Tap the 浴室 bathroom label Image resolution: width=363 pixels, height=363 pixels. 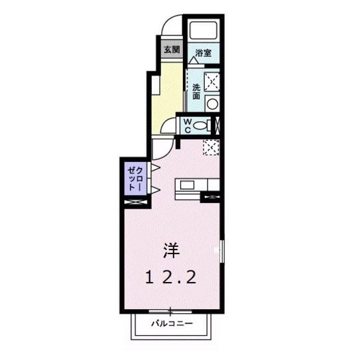pos(203,53)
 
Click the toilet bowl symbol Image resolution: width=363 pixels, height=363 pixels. pos(202,125)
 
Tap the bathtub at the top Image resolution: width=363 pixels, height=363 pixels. pos(204,32)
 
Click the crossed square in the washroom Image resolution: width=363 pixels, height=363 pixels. pos(213,81)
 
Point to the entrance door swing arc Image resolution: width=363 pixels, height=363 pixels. pos(170,27)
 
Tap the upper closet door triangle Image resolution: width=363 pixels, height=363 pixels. pos(156,169)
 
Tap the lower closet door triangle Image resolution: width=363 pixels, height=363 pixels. pos(156,189)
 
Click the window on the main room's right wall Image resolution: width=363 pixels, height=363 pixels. pos(222,250)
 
